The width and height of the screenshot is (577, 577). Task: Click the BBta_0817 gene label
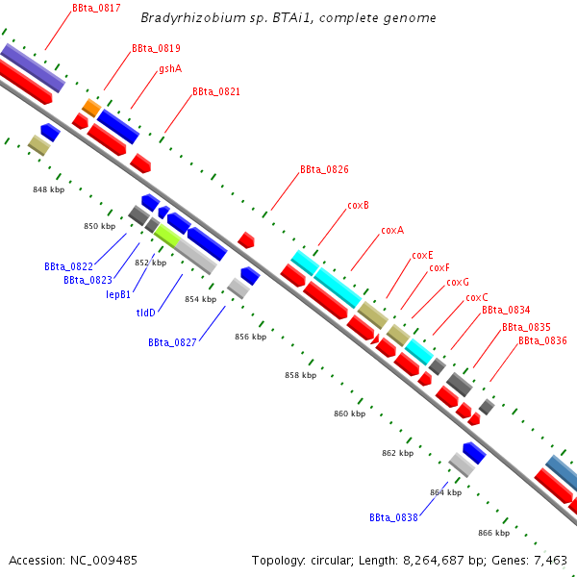(96, 8)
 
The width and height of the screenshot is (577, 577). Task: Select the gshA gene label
(170, 69)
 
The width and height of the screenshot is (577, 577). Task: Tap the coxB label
(358, 206)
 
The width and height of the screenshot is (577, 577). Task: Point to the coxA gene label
(392, 231)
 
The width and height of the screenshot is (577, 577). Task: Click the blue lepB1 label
(118, 294)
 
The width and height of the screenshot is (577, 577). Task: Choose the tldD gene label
(146, 313)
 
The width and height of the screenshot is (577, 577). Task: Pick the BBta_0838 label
(393, 517)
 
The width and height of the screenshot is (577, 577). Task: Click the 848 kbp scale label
(49, 189)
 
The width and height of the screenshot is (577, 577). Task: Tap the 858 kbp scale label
(301, 375)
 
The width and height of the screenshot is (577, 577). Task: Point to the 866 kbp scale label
(494, 533)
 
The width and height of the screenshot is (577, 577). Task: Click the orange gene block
(91, 108)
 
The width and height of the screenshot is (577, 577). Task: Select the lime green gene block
(167, 236)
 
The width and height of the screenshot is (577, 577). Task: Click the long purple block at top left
(33, 68)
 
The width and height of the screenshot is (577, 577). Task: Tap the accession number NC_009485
(104, 561)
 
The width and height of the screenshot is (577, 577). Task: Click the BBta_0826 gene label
(324, 169)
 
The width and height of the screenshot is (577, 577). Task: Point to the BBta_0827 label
(172, 342)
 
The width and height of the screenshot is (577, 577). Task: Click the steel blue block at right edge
(562, 467)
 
